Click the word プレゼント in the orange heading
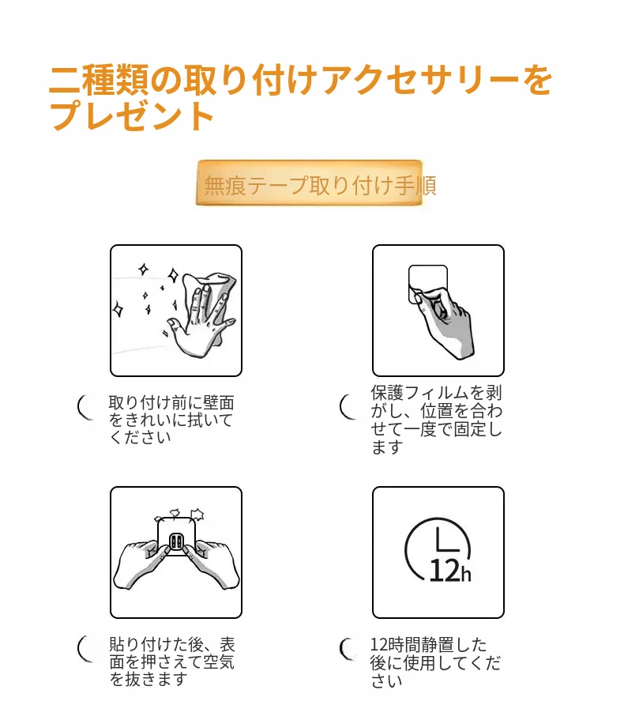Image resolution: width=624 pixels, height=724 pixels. click(132, 115)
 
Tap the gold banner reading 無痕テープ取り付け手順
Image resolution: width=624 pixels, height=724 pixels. click(309, 183)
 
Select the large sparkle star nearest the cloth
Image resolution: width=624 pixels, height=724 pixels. click(173, 275)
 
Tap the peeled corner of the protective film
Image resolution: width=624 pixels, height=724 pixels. click(415, 296)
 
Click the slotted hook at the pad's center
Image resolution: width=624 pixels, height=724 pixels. click(176, 541)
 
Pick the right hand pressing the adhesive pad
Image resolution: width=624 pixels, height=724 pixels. click(212, 564)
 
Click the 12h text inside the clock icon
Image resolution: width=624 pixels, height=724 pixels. click(449, 571)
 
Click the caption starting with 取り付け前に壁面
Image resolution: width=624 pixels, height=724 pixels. click(171, 420)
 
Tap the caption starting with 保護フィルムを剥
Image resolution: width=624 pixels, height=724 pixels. click(436, 420)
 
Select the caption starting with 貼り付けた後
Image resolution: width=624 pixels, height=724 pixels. click(171, 662)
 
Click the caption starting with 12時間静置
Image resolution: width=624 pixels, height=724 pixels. click(435, 662)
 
